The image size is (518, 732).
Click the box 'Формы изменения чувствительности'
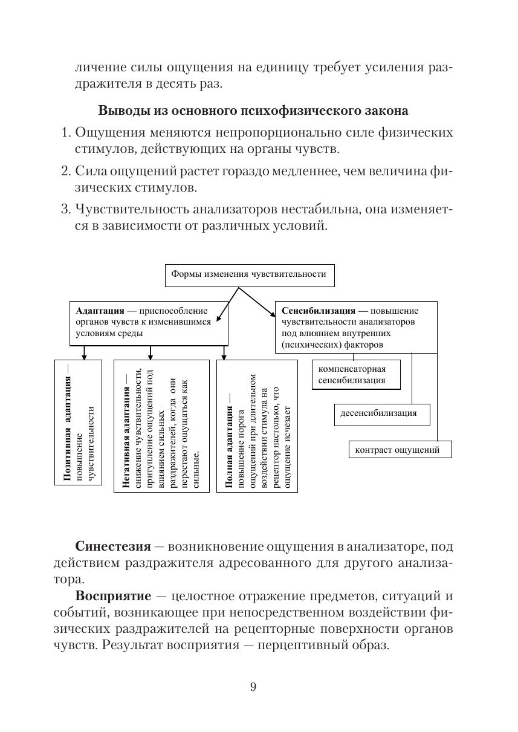click(249, 274)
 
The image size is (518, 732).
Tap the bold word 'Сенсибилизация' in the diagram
click(319, 311)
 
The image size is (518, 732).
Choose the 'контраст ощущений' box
click(400, 450)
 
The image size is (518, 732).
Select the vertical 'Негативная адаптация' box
click(161, 426)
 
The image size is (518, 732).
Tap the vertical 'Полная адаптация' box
click(257, 426)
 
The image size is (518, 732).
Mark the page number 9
click(253, 686)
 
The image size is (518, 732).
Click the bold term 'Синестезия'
click(113, 546)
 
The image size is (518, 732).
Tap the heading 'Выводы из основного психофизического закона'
click(253, 111)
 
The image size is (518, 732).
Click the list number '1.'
click(66, 132)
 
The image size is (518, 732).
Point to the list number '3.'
click(66, 210)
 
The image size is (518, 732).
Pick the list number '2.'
click(66, 171)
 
